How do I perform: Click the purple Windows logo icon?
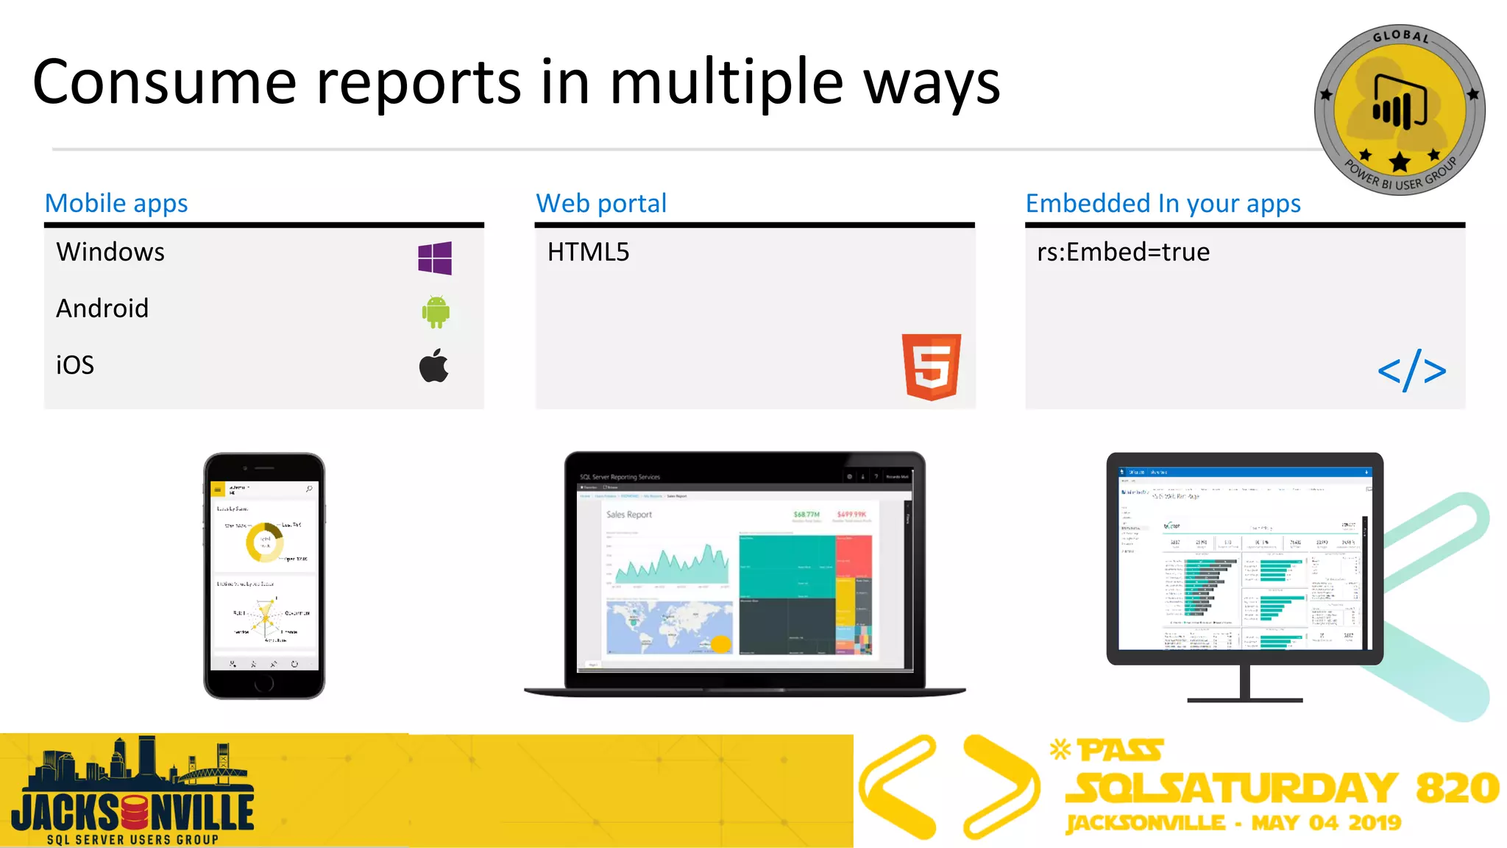435,258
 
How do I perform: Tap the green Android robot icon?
436,312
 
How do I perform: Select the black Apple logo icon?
434,366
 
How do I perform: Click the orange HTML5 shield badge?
932,367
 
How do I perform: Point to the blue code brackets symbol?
1411,372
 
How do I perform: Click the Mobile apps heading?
116,203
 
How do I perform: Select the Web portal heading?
601,203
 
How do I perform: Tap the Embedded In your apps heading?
1163,203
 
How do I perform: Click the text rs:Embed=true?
1123,252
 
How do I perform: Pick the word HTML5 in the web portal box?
588,252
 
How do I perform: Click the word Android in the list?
102,308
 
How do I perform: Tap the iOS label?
75,365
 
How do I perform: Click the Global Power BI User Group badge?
1400,110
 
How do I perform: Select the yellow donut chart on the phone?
263,543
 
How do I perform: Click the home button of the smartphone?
264,684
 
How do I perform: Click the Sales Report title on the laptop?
629,515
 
